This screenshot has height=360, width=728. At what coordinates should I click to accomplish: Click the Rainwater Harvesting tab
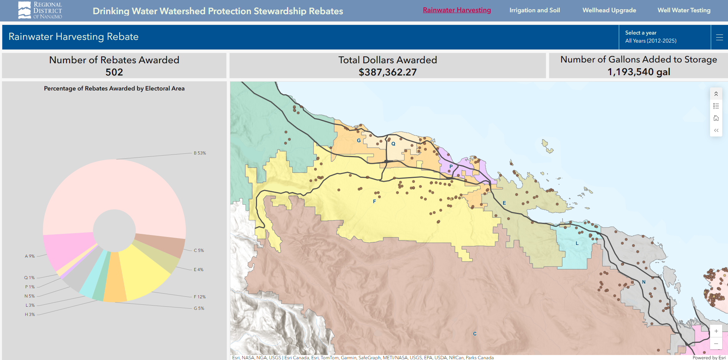[457, 10]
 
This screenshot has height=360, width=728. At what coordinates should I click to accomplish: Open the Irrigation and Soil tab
[535, 10]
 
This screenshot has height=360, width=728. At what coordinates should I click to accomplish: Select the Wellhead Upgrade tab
[609, 10]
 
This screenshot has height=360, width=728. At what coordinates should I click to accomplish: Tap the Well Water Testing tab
[684, 10]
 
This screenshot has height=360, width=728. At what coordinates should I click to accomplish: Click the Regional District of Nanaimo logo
[40, 10]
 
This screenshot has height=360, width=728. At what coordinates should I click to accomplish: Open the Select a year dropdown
[664, 37]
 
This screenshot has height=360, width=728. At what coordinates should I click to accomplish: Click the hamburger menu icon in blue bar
[719, 37]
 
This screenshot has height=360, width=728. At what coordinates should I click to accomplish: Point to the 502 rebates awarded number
[114, 72]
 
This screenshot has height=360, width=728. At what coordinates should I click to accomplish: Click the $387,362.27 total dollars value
[387, 72]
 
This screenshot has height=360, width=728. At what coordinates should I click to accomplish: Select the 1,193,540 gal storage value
[639, 72]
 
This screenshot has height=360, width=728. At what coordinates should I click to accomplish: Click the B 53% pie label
[200, 153]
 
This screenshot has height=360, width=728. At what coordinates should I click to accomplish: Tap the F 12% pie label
[200, 297]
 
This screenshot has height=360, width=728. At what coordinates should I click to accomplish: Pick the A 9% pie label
[30, 256]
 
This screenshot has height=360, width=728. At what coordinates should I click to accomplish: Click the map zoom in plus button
[716, 331]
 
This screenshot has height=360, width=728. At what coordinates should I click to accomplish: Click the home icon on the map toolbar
[716, 118]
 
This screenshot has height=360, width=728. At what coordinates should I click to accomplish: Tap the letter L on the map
[577, 243]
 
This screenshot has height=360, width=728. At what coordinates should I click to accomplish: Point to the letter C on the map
[475, 334]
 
